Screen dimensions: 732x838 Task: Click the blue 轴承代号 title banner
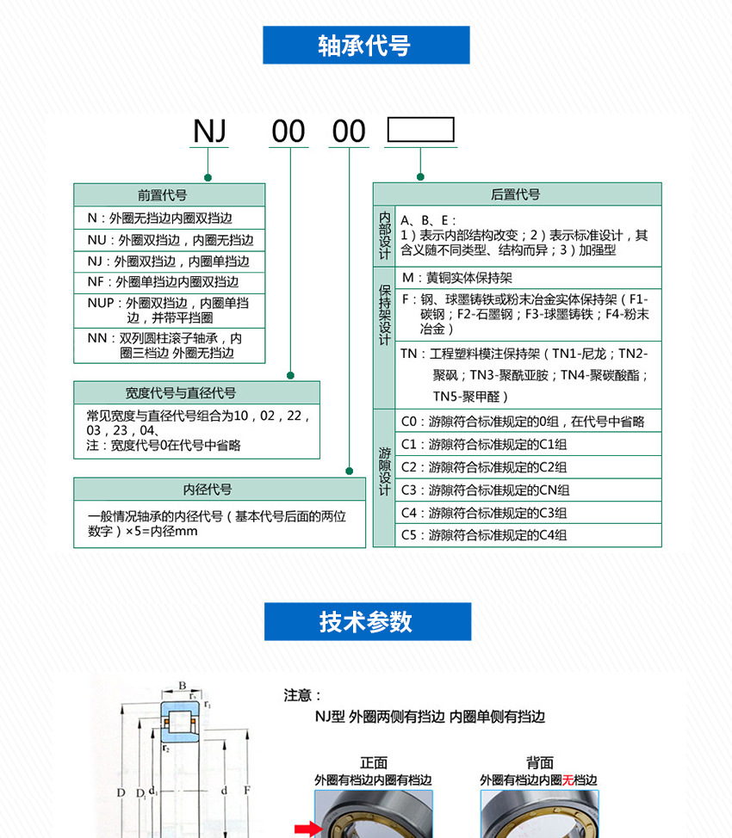coord(366,45)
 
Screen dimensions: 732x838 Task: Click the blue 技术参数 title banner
coord(368,621)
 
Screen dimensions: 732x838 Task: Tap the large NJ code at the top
coord(210,131)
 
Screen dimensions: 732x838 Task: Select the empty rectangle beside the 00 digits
coord(420,130)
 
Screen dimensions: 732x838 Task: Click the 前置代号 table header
coord(169,195)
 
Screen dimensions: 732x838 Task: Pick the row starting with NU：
coord(169,240)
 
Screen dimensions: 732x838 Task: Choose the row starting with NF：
coord(169,282)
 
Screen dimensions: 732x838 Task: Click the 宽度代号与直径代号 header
coord(196,393)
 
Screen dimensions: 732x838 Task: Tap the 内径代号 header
coord(220,489)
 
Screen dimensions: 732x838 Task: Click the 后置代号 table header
coord(517,194)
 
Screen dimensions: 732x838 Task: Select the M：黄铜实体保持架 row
coord(528,278)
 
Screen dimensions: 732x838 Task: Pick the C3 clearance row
coord(528,490)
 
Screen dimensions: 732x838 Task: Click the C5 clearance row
coord(528,535)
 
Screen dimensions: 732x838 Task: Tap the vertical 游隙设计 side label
coord(384,471)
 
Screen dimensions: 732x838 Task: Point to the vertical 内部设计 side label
coord(384,236)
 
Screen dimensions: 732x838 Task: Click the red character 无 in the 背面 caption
coord(568,779)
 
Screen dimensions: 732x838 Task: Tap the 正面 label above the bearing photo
coord(374,762)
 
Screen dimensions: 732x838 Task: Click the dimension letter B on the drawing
coord(183,686)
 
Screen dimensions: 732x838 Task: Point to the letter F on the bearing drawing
coord(246,791)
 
